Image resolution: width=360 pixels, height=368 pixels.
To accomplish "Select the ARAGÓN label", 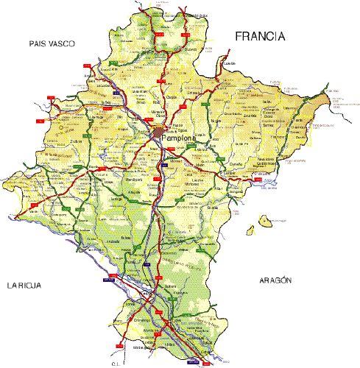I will click(x=276, y=280).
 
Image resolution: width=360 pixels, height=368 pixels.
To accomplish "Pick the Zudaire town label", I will click(x=74, y=142).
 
